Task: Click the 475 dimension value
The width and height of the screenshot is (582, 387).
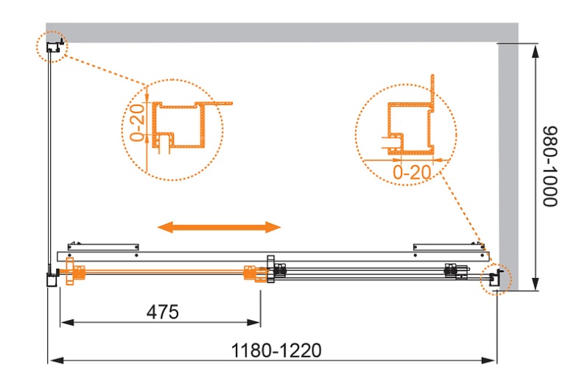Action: point(163,312)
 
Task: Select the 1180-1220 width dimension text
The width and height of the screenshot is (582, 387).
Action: point(276,350)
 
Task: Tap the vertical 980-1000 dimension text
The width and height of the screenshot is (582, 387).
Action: point(550,166)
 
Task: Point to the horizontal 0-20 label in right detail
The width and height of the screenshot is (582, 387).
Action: point(412,172)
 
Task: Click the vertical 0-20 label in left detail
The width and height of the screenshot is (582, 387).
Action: point(137,123)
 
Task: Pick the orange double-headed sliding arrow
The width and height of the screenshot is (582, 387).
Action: point(219,227)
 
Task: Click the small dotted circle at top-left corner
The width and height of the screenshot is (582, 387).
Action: point(52,46)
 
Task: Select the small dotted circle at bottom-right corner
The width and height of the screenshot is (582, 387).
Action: point(496,279)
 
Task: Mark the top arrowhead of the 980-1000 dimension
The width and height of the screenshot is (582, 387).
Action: point(535,52)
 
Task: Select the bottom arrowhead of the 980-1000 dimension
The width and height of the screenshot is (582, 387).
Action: point(535,283)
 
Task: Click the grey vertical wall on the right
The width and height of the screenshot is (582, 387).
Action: point(508,167)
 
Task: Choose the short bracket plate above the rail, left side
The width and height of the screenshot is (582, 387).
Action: point(103,246)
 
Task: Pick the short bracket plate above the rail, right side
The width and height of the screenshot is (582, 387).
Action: point(449,246)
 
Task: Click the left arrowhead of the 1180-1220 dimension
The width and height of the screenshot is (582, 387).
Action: point(57,360)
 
